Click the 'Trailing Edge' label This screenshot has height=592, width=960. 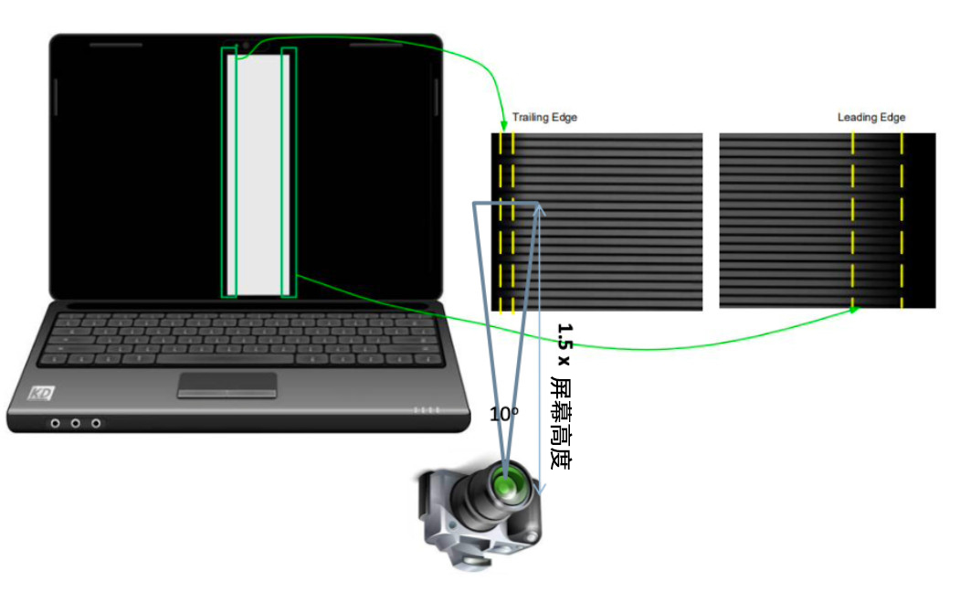(x=544, y=118)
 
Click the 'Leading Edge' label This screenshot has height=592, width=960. (x=870, y=118)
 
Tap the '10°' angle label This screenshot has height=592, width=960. (x=503, y=414)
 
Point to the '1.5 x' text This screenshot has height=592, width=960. (x=564, y=344)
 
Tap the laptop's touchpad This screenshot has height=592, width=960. (x=227, y=385)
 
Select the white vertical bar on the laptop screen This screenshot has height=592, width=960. (x=259, y=174)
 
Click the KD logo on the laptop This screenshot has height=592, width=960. (x=41, y=394)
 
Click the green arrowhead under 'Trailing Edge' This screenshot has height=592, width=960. (x=503, y=124)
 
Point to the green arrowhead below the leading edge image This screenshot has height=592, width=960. (x=854, y=310)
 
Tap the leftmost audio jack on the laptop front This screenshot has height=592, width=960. (x=57, y=423)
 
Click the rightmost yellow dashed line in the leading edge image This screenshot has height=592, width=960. (x=902, y=219)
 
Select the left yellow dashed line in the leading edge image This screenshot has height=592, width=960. (x=853, y=219)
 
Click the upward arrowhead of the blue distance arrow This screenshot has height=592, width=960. (x=540, y=208)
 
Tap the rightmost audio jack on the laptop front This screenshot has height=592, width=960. (x=96, y=423)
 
